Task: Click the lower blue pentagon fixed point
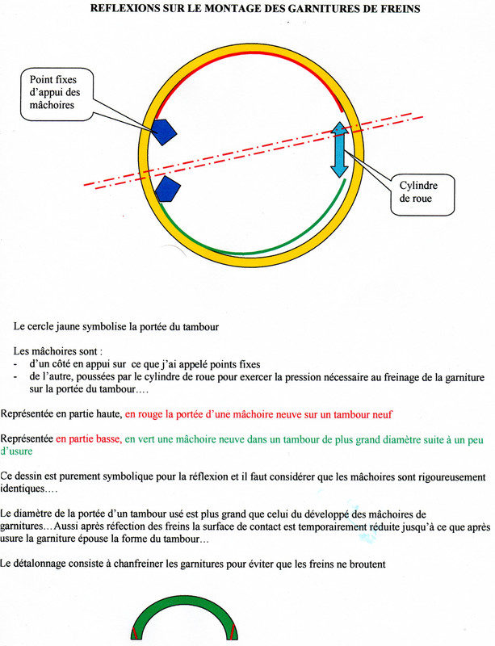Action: [166, 189]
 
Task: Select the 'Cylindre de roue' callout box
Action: [422, 191]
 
